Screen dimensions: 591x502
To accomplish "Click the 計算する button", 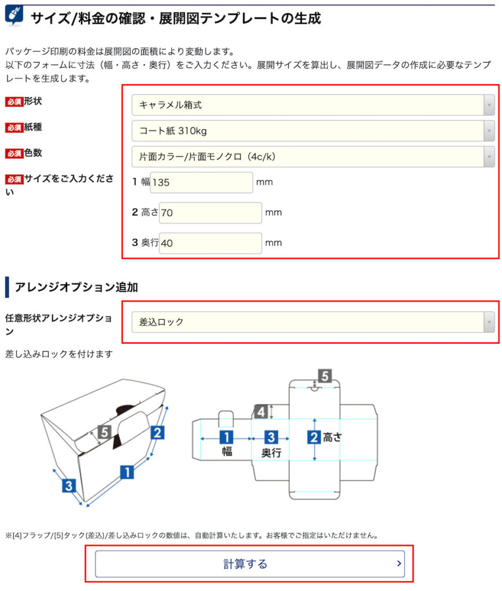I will [x=249, y=564].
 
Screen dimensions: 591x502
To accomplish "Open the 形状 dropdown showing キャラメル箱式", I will [x=313, y=105].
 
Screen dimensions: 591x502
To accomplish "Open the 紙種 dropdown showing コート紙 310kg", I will [x=313, y=131].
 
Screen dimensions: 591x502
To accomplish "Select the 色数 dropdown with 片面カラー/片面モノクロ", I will [x=313, y=156].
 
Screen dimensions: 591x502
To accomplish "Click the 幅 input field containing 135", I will [x=201, y=182].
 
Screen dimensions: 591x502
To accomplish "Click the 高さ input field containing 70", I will [x=210, y=213].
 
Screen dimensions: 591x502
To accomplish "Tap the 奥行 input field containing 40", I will [x=210, y=243].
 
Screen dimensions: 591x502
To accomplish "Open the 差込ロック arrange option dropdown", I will [x=313, y=322].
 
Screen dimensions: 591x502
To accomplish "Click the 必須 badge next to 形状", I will [x=14, y=102].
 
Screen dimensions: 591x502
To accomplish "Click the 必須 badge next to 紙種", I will [x=14, y=128].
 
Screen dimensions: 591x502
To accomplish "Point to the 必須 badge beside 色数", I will [x=14, y=154].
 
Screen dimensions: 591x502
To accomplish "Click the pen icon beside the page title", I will [x=14, y=16].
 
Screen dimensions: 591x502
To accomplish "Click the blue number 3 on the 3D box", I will [x=69, y=485].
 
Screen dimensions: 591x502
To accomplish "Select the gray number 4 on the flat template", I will [x=261, y=412].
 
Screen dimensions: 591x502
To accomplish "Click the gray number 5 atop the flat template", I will [x=325, y=376].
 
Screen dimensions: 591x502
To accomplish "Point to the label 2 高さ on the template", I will [x=325, y=437].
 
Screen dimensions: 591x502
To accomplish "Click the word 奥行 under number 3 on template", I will [x=271, y=453].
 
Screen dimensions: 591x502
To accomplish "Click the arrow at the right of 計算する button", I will [x=399, y=564].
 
